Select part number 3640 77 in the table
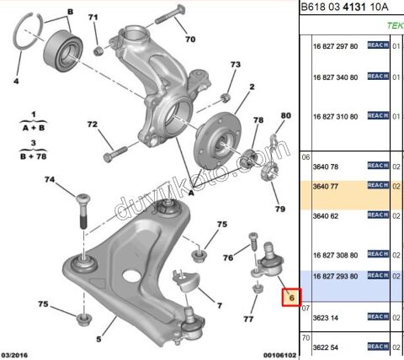click(325, 186)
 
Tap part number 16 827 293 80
click(335, 275)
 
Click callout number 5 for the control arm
click(98, 339)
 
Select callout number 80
click(285, 115)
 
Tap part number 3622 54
click(325, 347)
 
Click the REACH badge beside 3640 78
click(376, 166)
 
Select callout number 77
click(248, 319)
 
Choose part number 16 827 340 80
click(335, 77)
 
